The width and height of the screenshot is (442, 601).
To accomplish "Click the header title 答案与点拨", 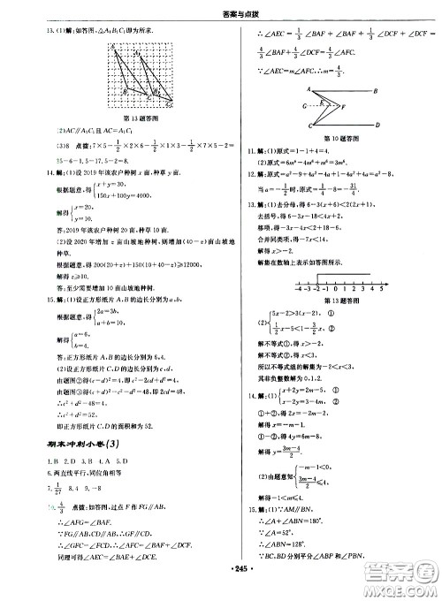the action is coord(222,11).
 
